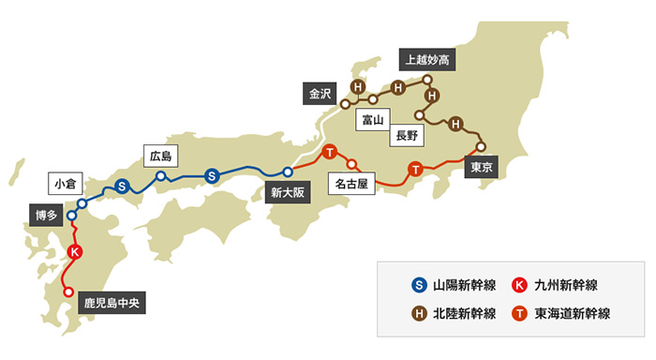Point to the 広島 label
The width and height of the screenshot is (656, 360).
[x=161, y=155]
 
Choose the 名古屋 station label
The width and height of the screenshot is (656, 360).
[x=355, y=185]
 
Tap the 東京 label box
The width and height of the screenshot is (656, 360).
[x=482, y=168]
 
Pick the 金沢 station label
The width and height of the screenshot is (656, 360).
[x=321, y=93]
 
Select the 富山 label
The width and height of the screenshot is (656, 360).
[x=374, y=120]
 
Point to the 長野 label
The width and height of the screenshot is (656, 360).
[x=410, y=135]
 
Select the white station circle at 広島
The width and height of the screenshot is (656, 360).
[x=161, y=175]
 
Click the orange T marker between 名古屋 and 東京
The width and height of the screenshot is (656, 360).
[x=415, y=169]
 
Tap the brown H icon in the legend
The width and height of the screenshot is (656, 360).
[x=420, y=313]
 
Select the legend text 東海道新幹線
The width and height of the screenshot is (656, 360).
[x=573, y=313]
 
